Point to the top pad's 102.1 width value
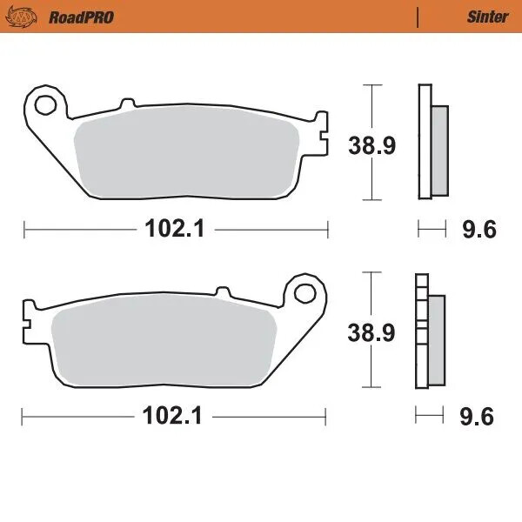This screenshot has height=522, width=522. tap(173, 229)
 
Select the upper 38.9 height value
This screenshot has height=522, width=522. tap(372, 145)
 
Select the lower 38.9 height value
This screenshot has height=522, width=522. tap(371, 331)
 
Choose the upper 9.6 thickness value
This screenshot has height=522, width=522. tap(478, 230)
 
